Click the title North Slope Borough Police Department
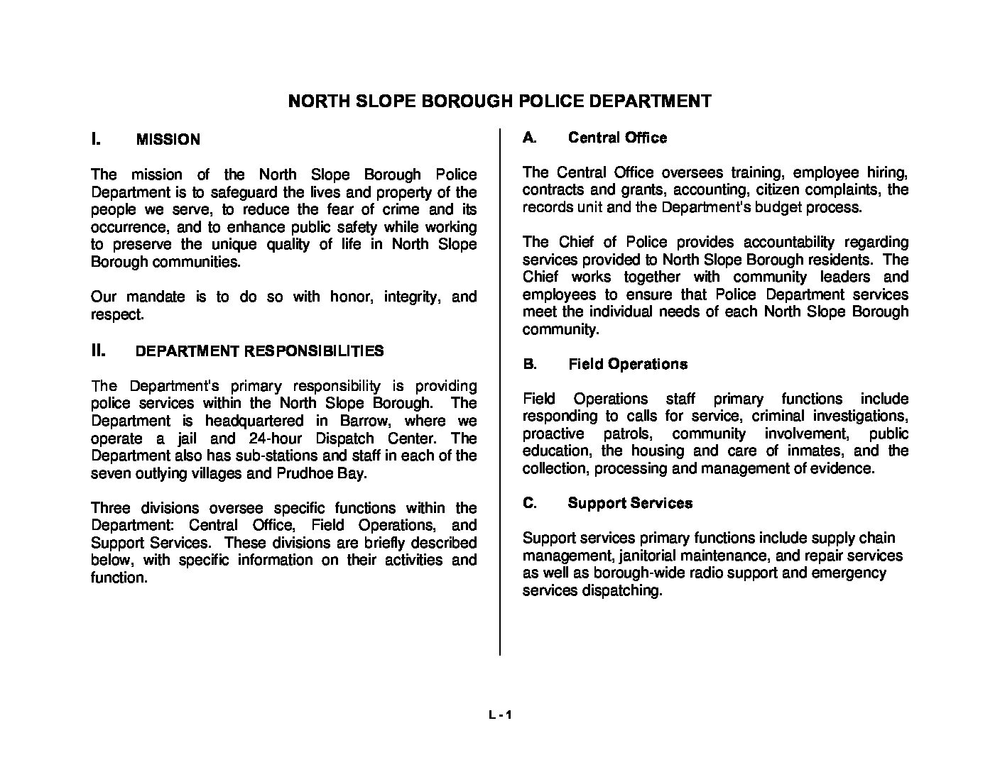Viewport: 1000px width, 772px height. pyautogui.click(x=499, y=101)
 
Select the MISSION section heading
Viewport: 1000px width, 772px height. pyautogui.click(x=168, y=140)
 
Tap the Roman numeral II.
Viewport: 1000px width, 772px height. pyautogui.click(x=99, y=350)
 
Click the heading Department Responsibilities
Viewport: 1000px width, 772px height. pyautogui.click(x=259, y=351)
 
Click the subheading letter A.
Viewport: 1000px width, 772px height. pyautogui.click(x=528, y=138)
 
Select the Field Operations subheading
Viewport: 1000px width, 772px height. pyautogui.click(x=628, y=364)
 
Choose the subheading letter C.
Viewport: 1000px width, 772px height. pyautogui.click(x=529, y=503)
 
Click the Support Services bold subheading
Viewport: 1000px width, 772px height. pyautogui.click(x=630, y=503)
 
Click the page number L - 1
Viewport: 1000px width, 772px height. pyautogui.click(x=500, y=716)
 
